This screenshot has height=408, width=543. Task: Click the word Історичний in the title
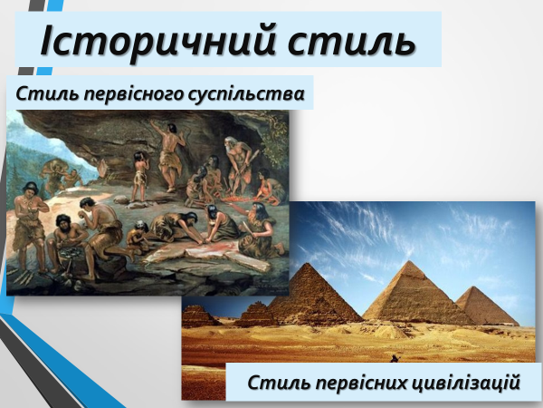point(157,40)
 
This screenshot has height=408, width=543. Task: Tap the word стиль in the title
point(352,42)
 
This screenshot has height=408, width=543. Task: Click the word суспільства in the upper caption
point(246,94)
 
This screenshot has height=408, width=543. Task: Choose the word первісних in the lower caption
point(365,383)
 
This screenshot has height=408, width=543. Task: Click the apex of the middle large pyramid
point(410,261)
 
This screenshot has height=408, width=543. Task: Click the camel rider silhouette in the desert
point(395,358)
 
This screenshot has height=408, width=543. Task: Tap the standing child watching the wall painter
point(140,176)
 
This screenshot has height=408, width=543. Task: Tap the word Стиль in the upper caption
point(47,94)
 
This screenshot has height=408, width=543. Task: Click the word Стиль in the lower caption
point(280,383)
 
